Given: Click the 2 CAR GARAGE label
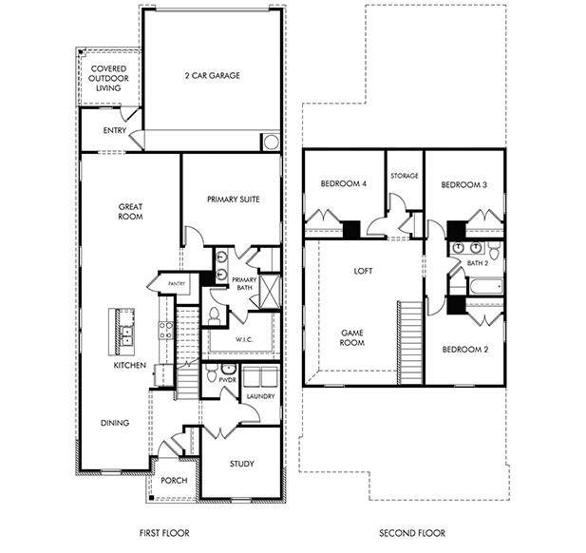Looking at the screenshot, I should point(211,75).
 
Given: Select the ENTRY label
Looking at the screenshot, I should point(102,130).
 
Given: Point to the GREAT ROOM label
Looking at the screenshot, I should point(130,211).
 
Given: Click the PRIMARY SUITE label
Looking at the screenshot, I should point(233,200).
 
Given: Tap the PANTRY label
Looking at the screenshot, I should point(175,283).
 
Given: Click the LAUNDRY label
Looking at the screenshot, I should point(260,395).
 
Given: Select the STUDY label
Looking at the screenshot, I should point(242,464).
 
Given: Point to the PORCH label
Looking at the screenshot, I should point(174,480).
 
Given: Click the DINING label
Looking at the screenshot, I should point(114,423).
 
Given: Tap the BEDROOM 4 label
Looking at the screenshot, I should point(343,184).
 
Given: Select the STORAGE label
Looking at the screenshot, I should point(404,176).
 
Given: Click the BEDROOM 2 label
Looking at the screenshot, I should point(465,349).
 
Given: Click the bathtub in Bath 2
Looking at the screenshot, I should point(484,284).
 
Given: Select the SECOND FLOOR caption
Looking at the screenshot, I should point(412,533).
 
